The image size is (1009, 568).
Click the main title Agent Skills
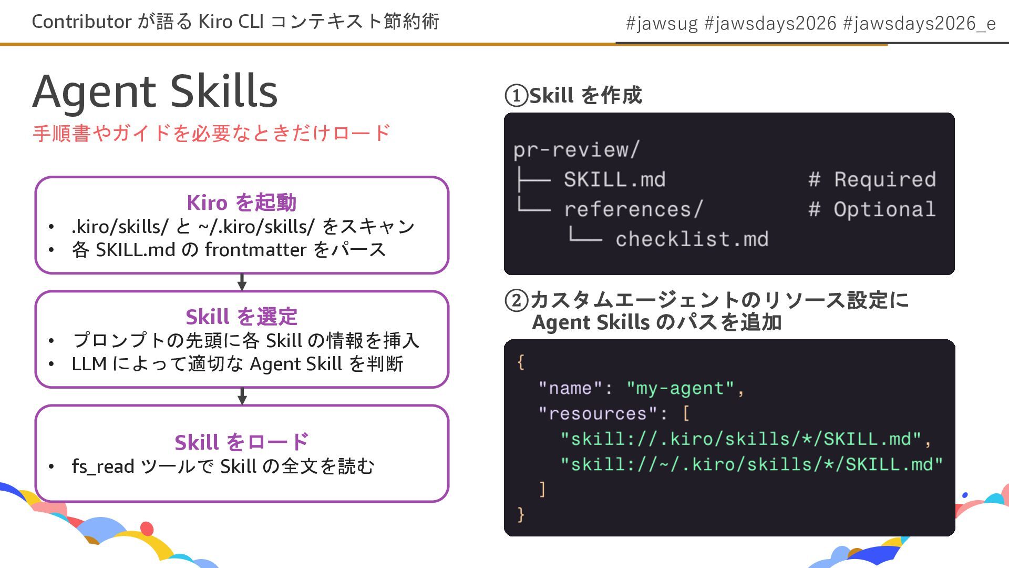coord(155,92)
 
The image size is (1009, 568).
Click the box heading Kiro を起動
coord(242,202)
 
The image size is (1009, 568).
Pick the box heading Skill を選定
coord(242,317)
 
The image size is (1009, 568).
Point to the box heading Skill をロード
coord(242,442)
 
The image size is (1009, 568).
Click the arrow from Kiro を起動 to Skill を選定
coord(242,282)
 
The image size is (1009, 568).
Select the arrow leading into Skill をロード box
coord(242,397)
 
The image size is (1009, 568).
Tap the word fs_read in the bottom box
coord(103,466)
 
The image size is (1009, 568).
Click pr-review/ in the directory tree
coord(576,150)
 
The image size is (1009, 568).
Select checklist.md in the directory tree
coord(692,239)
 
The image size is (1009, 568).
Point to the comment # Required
coord(872,180)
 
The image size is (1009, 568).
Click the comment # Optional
coord(872,210)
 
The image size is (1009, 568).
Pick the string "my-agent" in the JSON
coord(680,388)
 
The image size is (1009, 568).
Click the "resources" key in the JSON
coord(597,413)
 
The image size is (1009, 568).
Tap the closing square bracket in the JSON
coord(542,489)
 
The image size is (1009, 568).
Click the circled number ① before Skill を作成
coord(516,96)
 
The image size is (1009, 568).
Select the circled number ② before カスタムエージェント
coord(516,300)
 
